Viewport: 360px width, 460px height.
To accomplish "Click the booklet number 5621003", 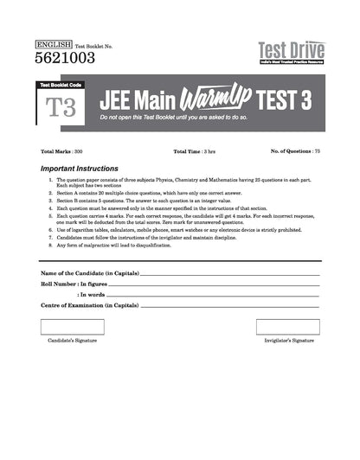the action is [x=63, y=58].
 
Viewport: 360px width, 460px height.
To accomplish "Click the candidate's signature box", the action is [x=66, y=326].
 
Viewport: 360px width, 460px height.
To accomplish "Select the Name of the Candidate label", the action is [x=89, y=274].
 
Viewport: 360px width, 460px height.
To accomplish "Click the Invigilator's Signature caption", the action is [x=290, y=342].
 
